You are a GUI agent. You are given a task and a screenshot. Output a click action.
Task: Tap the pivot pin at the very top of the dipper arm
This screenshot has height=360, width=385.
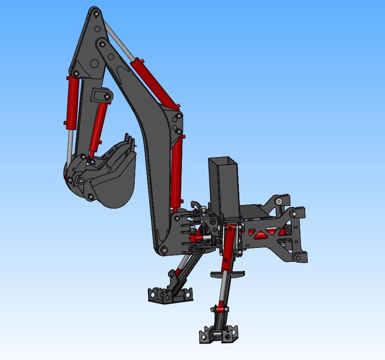[x=95, y=14]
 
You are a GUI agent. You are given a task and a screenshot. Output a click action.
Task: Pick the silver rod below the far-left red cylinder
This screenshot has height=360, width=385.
[x=69, y=144]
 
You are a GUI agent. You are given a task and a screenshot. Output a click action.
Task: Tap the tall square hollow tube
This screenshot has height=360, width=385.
[x=223, y=188]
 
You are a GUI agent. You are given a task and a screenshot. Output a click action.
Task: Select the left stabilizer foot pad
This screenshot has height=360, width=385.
[x=169, y=295]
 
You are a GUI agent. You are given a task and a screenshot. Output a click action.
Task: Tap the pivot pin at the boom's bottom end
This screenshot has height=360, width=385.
[x=164, y=250]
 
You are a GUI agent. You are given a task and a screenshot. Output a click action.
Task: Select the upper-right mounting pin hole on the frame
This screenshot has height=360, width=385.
[x=279, y=201]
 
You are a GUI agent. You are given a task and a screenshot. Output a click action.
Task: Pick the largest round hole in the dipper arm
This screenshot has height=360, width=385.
[x=94, y=64]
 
